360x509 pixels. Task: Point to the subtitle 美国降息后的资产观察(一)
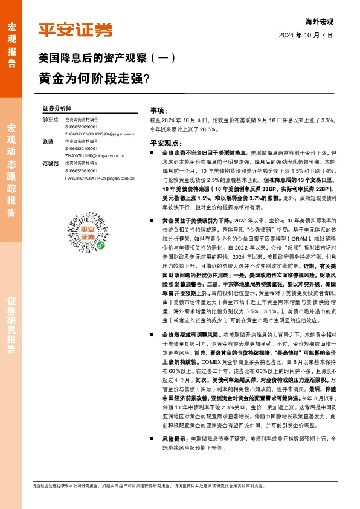(106, 59)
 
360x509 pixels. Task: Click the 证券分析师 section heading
(57, 106)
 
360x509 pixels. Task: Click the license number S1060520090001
(81, 128)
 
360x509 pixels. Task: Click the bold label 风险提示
(174, 436)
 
